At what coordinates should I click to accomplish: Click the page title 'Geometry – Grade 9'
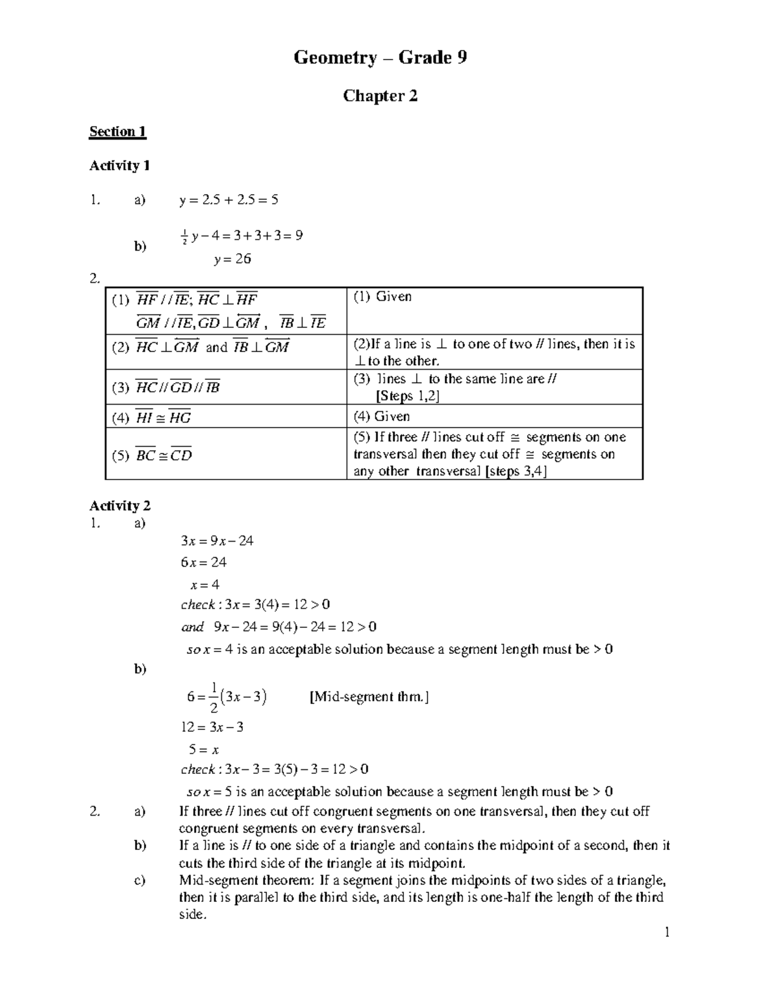coord(380,58)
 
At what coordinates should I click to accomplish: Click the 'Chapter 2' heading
coord(380,96)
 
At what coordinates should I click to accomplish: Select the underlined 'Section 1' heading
coord(118,132)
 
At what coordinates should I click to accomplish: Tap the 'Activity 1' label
coord(119,166)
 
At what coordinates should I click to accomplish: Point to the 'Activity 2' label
coord(119,506)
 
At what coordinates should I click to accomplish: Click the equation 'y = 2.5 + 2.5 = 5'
coord(229,200)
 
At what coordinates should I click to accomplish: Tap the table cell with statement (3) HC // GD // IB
coord(166,388)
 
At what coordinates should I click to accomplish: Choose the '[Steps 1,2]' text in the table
coord(408,396)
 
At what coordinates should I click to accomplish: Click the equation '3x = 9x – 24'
coord(217,541)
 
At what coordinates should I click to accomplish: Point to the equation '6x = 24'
coord(204,563)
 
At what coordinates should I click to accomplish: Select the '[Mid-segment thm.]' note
coord(369,697)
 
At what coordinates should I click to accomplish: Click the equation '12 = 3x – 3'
coord(212,727)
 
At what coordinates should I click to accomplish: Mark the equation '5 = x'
coord(204,750)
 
